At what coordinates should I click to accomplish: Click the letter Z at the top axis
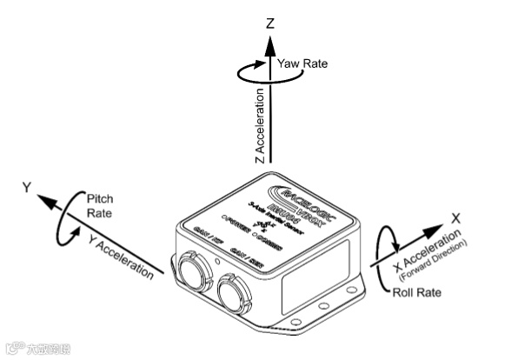click(x=271, y=23)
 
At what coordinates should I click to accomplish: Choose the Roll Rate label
click(x=418, y=293)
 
